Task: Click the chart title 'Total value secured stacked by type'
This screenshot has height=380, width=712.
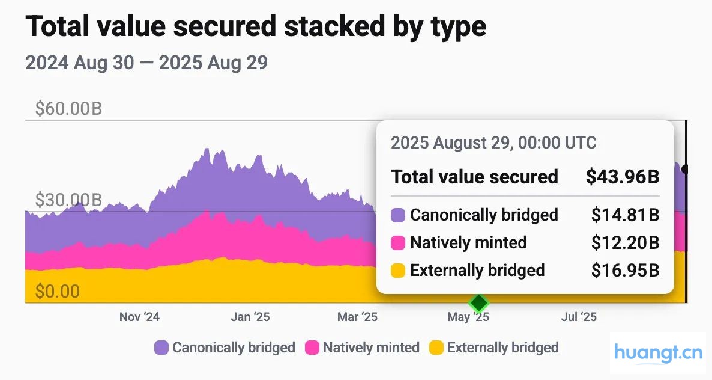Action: (256, 28)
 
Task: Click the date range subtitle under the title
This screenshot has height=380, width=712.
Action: (146, 63)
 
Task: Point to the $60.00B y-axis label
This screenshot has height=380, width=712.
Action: (68, 109)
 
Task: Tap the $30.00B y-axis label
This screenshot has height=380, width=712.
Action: (68, 200)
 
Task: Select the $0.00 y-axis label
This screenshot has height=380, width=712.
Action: (57, 292)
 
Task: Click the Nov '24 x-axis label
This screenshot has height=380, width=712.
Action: (139, 316)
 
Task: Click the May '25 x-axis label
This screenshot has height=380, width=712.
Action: (468, 316)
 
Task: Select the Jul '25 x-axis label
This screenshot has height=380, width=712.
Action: (578, 316)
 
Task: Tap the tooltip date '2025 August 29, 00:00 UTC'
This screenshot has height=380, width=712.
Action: (493, 143)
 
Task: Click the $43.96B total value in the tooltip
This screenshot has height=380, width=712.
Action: (623, 177)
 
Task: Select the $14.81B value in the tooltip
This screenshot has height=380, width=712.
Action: (625, 215)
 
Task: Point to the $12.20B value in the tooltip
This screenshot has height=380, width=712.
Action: (625, 242)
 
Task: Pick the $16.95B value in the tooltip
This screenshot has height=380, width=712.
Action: (625, 270)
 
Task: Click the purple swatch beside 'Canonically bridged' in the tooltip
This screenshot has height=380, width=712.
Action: (398, 215)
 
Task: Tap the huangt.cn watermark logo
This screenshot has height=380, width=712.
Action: (658, 353)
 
